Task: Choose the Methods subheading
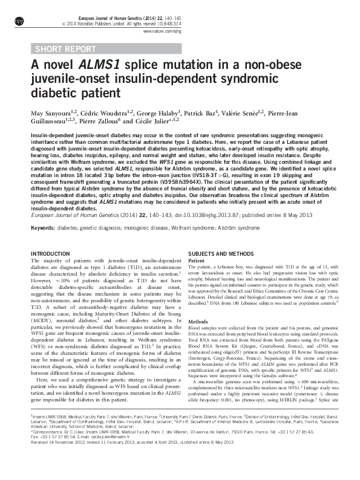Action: (198, 321)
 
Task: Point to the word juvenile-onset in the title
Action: (71, 80)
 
